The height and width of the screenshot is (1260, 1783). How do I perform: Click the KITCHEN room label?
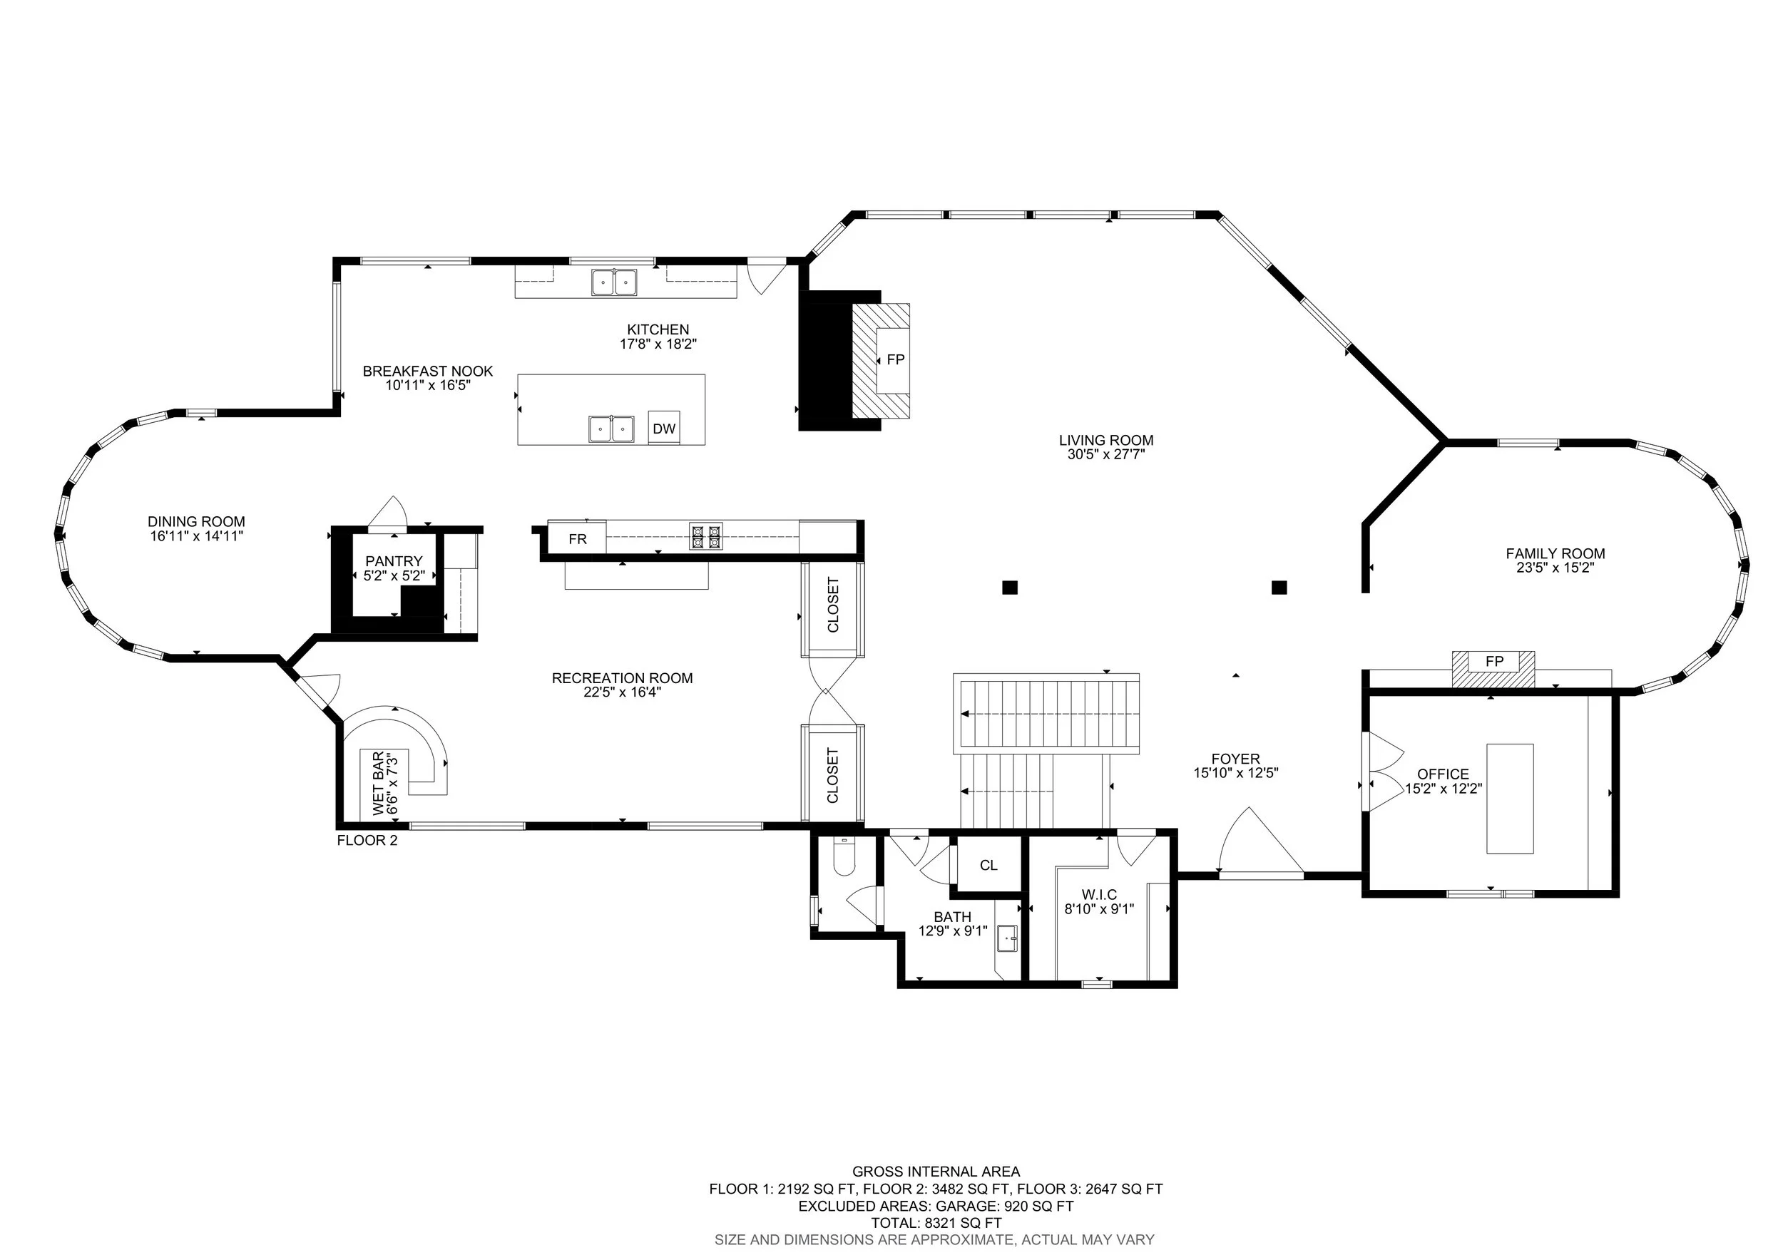pos(658,329)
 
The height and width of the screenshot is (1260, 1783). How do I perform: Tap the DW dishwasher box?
pos(664,428)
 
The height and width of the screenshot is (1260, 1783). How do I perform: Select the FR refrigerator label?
pos(577,539)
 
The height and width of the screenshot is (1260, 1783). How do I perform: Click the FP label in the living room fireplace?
pos(895,359)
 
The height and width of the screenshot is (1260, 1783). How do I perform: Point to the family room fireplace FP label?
pos(1494,662)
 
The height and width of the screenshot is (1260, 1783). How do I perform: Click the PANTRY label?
pos(394,560)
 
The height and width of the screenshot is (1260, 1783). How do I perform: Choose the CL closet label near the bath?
pos(988,865)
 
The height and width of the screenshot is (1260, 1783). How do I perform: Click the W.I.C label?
pos(1099,894)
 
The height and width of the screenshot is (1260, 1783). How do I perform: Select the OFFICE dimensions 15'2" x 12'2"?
pos(1443,788)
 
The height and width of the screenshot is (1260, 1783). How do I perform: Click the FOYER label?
pos(1235,759)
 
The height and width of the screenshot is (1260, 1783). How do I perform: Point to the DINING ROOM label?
pos(196,522)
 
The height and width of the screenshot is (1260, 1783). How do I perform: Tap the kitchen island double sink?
pos(611,429)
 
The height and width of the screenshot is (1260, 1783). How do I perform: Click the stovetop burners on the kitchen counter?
pos(706,536)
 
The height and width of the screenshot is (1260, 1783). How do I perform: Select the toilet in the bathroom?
pos(843,856)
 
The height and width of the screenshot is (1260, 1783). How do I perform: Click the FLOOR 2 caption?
pos(367,840)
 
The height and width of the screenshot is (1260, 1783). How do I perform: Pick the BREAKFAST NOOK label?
pos(428,371)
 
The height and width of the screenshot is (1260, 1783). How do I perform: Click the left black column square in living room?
pos(1010,588)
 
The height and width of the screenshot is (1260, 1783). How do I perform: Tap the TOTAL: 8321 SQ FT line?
pos(936,1223)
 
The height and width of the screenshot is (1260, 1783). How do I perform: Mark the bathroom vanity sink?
pos(1007,938)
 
